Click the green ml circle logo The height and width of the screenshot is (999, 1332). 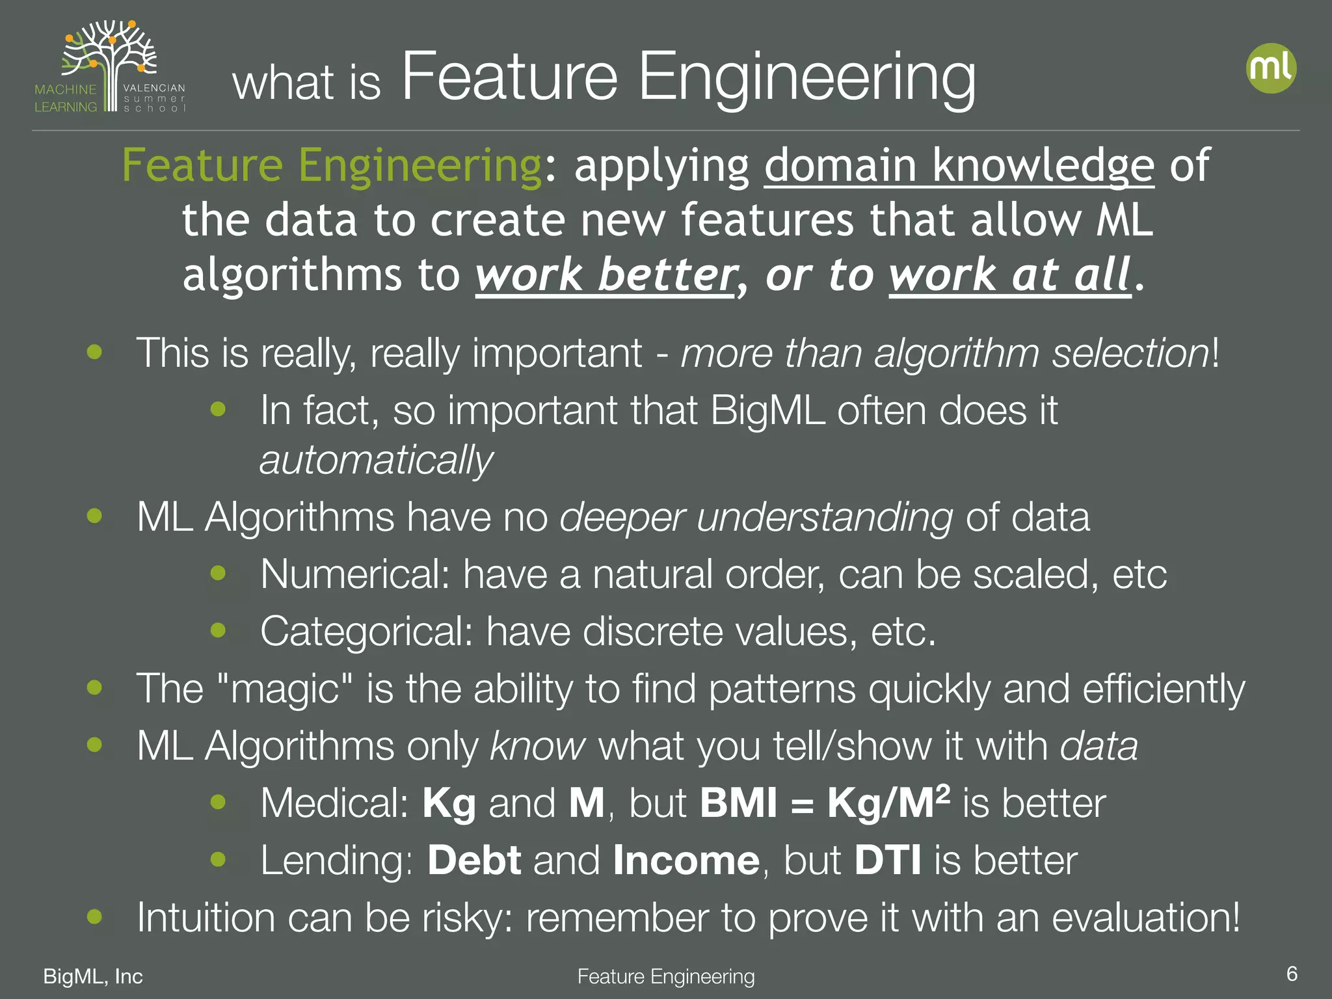coord(1271,68)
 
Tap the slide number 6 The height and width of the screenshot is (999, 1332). coord(1292,974)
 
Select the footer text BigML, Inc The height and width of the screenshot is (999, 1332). coord(93,976)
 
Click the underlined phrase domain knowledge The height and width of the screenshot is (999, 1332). coord(959,166)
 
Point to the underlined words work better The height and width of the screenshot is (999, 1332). coord(605,274)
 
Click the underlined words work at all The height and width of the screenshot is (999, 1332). coord(1009,274)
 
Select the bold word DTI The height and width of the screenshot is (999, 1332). coord(888,860)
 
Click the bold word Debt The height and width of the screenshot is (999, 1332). coord(474,860)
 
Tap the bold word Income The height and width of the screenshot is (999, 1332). coord(686,860)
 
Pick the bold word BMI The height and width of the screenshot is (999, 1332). coord(738,803)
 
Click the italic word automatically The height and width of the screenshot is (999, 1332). coord(376,460)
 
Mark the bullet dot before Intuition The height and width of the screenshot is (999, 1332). coord(95,916)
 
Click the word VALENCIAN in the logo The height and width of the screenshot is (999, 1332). coord(154,88)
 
